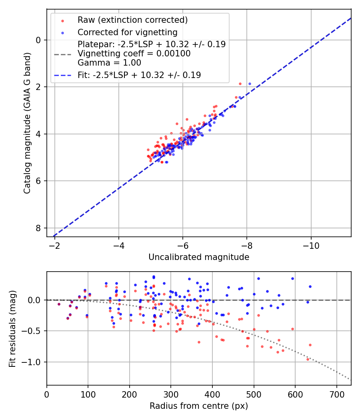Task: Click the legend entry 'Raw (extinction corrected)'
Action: (132, 20)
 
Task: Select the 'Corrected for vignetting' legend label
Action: (128, 32)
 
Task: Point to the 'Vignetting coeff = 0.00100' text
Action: (134, 54)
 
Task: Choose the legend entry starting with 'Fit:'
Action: (139, 75)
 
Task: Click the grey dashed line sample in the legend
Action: (62, 54)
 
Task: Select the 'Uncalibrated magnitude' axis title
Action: (199, 257)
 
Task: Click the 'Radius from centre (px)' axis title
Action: (199, 406)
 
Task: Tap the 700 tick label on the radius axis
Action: (336, 394)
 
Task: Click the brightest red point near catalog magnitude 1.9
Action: (240, 84)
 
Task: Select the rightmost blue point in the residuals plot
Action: (310, 286)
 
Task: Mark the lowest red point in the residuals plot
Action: (308, 359)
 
